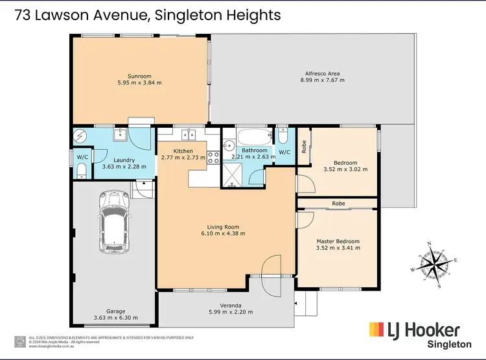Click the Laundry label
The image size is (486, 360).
pos(124,160)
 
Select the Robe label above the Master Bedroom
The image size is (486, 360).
pos(338,204)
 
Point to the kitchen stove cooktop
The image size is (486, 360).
pos(213,156)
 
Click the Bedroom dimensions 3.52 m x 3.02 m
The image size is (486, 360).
pos(345,171)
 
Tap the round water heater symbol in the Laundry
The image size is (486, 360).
pos(80,136)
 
